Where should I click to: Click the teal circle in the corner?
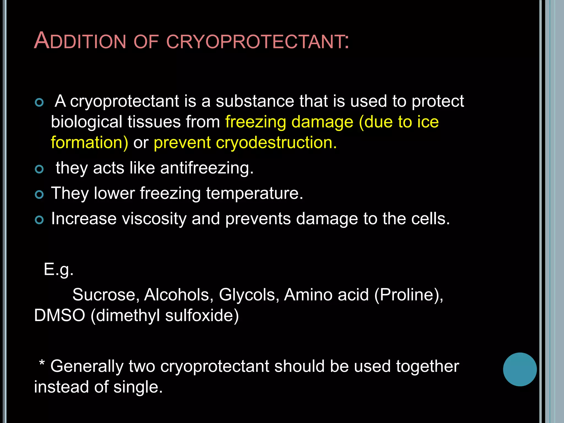tap(520, 369)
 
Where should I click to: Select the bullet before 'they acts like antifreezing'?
tap(39, 169)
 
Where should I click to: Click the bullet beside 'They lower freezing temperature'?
tap(39, 195)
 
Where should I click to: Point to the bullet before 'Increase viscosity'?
tap(39, 220)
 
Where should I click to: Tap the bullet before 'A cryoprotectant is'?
tap(39, 102)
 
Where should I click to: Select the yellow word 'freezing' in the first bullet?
tap(256, 122)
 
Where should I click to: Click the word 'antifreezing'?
tap(207, 168)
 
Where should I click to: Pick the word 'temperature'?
tap(254, 193)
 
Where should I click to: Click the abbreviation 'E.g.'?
tap(59, 269)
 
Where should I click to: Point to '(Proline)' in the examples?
tap(409, 294)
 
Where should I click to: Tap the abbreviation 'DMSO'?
tap(59, 315)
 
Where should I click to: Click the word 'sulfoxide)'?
tap(202, 315)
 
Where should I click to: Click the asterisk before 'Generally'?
tap(42, 363)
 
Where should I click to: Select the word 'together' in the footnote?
tap(427, 366)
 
